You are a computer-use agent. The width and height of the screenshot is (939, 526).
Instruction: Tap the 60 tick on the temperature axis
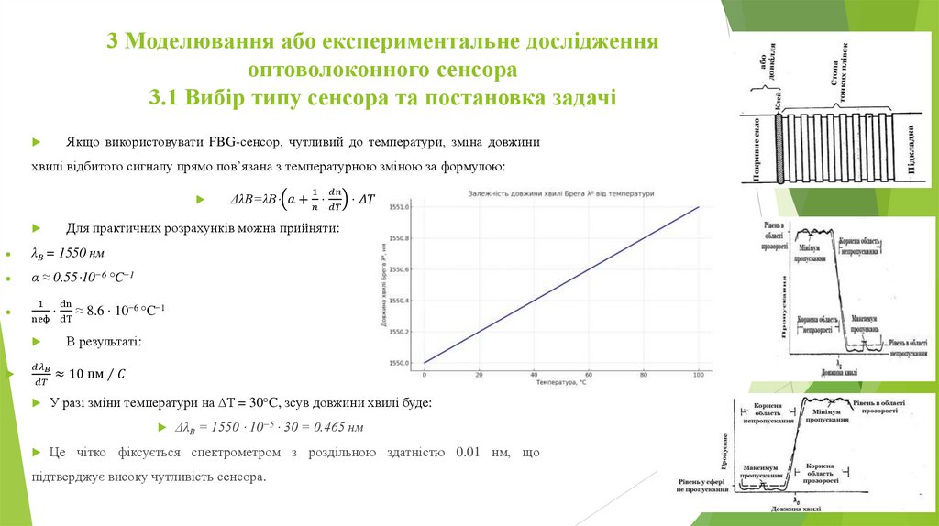(589, 375)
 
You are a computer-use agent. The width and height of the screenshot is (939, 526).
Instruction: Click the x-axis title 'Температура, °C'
(561, 383)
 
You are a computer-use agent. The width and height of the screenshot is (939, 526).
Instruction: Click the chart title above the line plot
(562, 194)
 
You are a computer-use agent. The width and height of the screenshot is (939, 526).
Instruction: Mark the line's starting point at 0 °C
(425, 363)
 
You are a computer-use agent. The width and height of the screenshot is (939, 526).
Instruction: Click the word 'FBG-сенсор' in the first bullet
(247, 143)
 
